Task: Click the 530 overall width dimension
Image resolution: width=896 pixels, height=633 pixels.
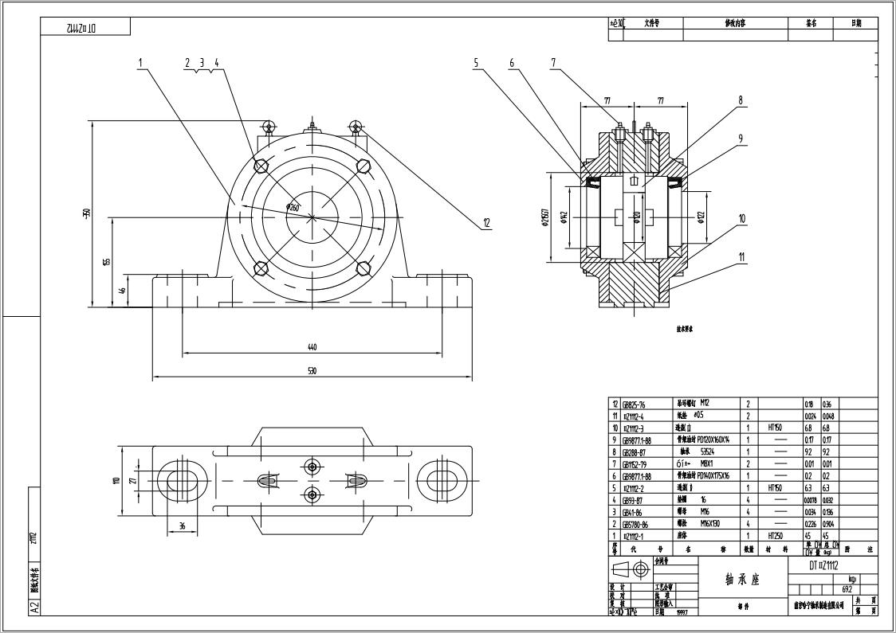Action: click(x=312, y=371)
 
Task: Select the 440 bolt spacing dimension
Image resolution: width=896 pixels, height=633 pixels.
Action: click(x=312, y=347)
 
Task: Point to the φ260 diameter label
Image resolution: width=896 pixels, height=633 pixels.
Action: click(x=293, y=208)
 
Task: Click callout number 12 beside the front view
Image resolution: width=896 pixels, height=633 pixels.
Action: click(x=486, y=224)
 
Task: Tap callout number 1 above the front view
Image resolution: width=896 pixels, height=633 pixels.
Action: click(x=140, y=62)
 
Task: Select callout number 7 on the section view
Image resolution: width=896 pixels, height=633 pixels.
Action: click(x=552, y=63)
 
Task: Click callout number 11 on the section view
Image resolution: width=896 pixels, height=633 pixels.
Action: click(x=741, y=256)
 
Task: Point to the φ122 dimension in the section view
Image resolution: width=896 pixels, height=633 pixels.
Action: click(x=701, y=217)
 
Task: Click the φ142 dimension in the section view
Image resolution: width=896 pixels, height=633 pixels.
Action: click(x=564, y=217)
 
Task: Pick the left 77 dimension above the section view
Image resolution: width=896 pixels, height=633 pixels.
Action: click(x=607, y=101)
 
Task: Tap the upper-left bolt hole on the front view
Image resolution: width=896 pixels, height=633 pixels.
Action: click(x=260, y=166)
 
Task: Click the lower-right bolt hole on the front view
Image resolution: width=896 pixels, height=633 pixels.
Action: click(x=364, y=268)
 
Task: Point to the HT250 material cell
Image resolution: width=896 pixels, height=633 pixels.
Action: click(x=773, y=536)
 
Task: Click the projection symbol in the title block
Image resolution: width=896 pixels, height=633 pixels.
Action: click(x=630, y=569)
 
